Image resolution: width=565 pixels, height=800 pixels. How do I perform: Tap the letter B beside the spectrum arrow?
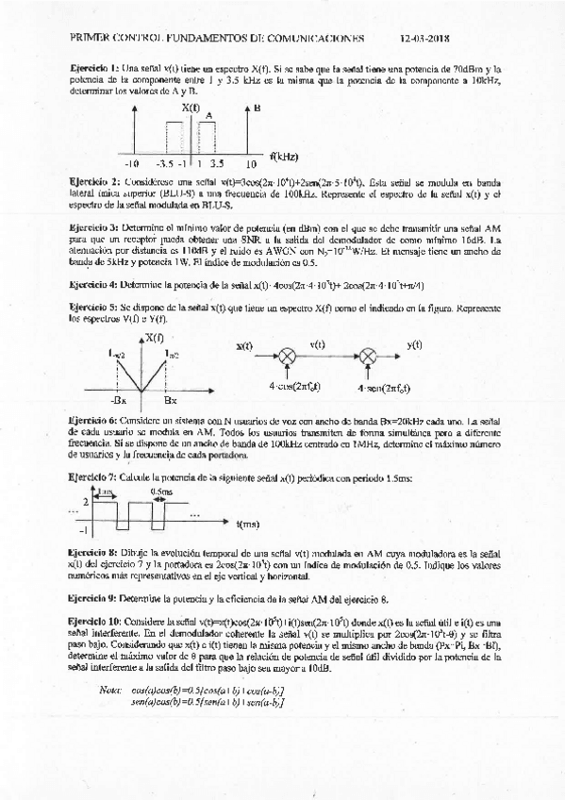click(x=257, y=108)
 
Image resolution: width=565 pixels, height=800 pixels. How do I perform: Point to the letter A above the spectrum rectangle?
click(x=209, y=115)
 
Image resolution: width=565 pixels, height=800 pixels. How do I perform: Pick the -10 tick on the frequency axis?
click(x=132, y=163)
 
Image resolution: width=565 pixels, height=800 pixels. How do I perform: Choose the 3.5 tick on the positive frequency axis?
click(x=216, y=163)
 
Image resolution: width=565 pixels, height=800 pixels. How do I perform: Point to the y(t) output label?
click(x=414, y=346)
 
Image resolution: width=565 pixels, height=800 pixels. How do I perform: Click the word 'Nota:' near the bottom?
click(x=111, y=690)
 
